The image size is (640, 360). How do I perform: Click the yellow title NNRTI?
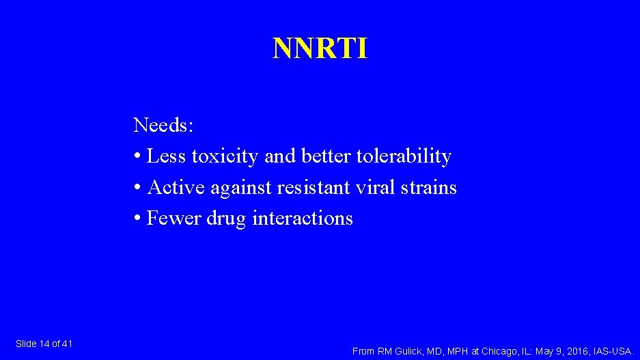[x=320, y=49]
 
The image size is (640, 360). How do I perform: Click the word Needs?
[x=164, y=125]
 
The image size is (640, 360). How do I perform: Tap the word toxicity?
[x=224, y=156]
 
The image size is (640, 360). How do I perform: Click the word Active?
[x=176, y=187]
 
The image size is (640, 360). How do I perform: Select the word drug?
[x=226, y=219]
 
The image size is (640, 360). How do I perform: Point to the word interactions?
[x=303, y=219]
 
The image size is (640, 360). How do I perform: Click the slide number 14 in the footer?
[x=45, y=344]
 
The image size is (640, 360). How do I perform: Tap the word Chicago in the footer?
[x=499, y=351]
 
